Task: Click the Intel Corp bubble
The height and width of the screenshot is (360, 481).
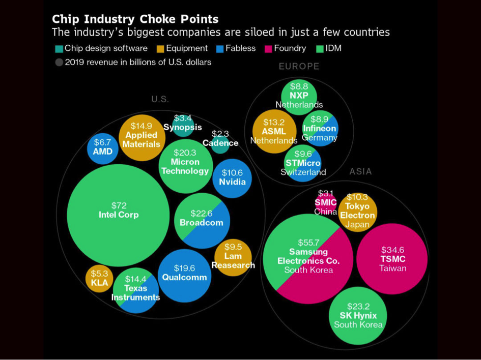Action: point(118,215)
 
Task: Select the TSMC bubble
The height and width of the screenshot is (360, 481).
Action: point(391,259)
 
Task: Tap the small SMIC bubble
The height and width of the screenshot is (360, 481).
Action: point(326,202)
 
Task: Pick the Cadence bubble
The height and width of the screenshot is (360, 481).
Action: point(220,143)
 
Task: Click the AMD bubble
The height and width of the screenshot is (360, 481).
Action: point(102,147)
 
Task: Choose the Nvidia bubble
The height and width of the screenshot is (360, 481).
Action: point(232,178)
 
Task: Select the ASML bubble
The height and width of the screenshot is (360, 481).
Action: point(274,132)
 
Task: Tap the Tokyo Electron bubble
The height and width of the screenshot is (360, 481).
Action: point(357,212)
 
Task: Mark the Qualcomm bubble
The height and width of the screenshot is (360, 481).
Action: point(184,276)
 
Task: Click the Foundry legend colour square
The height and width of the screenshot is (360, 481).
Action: point(268,49)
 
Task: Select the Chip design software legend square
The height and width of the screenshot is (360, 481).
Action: point(59,49)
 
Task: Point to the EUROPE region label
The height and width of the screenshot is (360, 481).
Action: point(299,66)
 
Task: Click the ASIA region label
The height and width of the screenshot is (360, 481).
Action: point(360,171)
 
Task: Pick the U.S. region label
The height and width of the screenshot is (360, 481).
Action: point(160,99)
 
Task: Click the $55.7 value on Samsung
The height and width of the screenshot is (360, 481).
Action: point(308,243)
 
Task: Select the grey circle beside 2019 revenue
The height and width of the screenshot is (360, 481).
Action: point(59,63)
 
